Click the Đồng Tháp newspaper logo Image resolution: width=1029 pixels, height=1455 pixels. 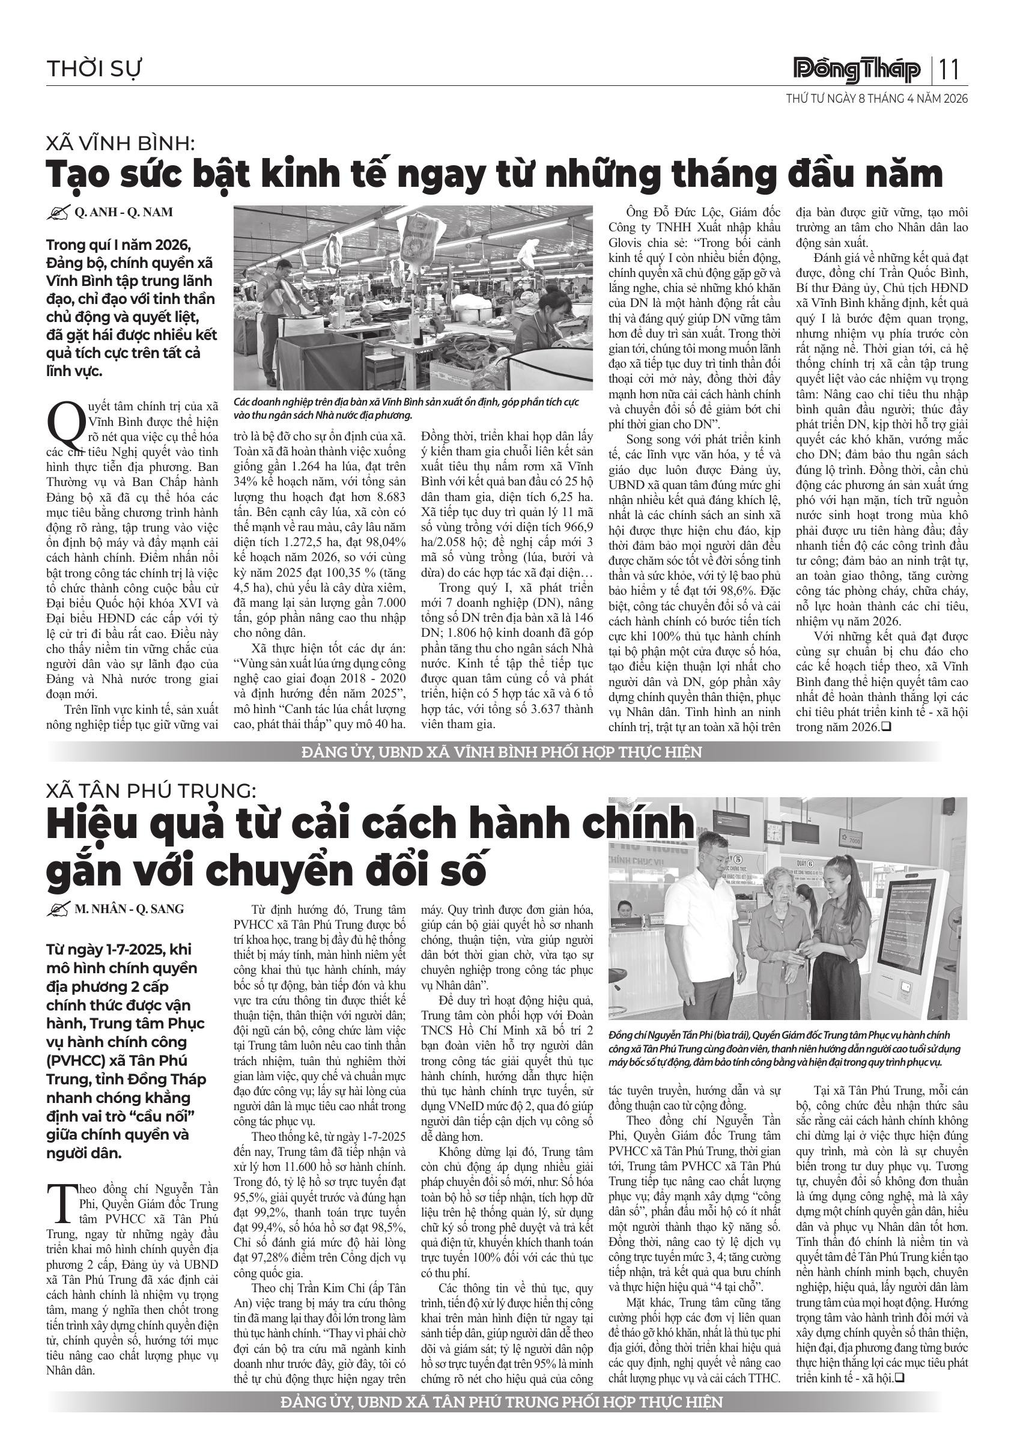(x=857, y=70)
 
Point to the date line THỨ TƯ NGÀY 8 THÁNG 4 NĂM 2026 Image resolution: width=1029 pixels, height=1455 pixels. (x=877, y=99)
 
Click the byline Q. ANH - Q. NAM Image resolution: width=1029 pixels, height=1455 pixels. (x=123, y=212)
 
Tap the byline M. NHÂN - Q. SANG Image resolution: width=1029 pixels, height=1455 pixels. (x=129, y=909)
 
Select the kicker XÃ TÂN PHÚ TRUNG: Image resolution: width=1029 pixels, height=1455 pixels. (x=151, y=791)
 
